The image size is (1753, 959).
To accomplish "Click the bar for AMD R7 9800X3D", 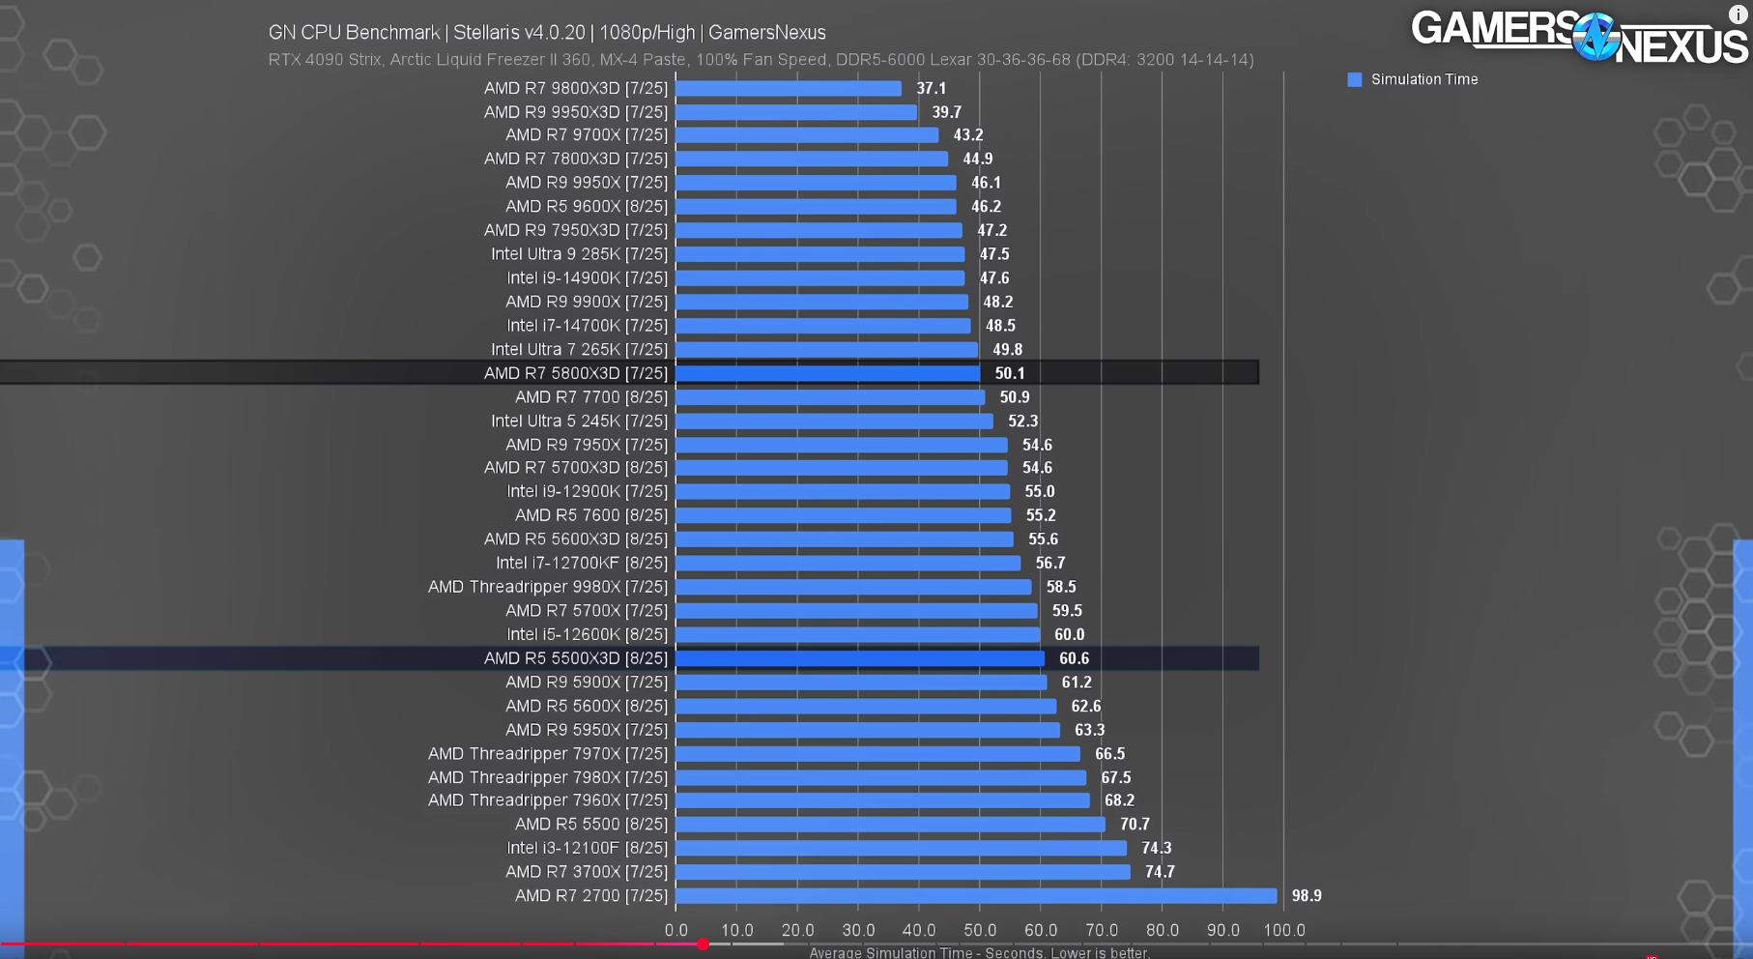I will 789,89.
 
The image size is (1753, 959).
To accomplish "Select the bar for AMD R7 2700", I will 976,896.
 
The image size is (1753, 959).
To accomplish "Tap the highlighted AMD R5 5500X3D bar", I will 860,658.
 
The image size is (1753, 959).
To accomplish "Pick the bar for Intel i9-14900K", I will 820,278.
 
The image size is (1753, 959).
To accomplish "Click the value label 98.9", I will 1307,896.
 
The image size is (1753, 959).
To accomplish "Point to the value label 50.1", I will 1010,373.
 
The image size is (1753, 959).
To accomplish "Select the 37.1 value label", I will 932,89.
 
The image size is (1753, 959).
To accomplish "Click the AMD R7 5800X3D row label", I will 575,373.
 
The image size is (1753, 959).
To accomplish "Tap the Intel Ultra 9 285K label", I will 579,254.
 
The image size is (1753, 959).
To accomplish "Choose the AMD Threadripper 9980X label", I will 548,587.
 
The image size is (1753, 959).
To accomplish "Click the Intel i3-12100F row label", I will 587,848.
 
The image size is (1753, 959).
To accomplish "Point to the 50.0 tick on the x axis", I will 980,930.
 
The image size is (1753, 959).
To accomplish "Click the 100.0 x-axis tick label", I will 1283,930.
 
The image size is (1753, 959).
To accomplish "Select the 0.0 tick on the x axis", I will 676,930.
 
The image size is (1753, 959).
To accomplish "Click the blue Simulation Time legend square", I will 1355,80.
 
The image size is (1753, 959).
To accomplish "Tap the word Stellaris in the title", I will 486,33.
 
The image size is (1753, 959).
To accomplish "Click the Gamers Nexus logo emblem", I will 1595,37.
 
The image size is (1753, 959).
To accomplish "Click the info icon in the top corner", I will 1738,14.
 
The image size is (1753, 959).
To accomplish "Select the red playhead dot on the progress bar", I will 704,944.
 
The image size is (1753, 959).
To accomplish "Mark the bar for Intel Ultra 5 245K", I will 835,421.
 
